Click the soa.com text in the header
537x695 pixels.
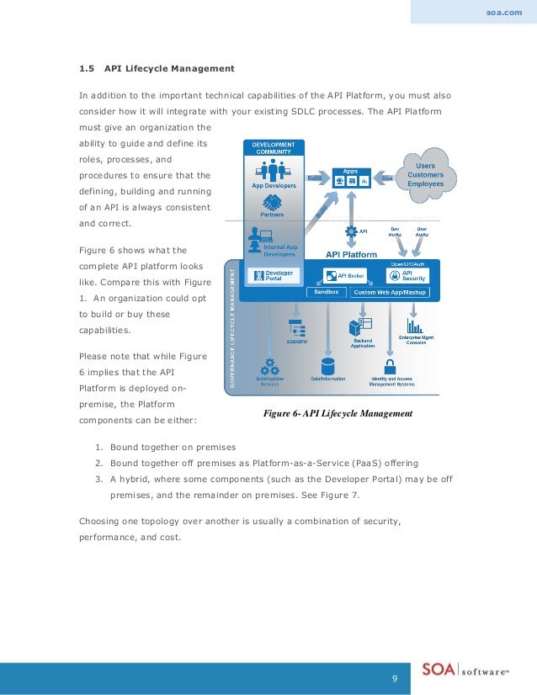505,13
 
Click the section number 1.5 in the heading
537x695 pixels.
86,67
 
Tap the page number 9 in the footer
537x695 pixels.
393,677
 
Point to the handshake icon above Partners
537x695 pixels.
272,202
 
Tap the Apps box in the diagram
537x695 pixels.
350,178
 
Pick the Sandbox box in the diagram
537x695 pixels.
326,292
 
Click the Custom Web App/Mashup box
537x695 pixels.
390,292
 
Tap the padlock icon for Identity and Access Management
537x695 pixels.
391,366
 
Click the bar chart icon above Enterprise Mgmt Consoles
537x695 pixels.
414,325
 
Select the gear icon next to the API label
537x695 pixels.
350,230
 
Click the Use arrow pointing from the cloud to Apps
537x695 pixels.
386,178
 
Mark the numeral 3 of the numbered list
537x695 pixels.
98,479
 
